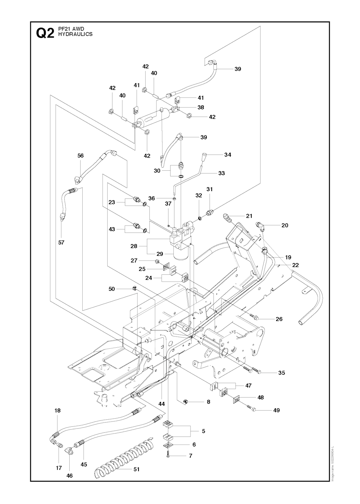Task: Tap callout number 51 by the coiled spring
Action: [136, 469]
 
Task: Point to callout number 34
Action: [228, 155]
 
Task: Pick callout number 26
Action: [279, 319]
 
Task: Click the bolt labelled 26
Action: [255, 318]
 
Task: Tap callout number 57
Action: [62, 242]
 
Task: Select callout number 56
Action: [81, 156]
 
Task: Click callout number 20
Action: [285, 225]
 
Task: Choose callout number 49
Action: [276, 410]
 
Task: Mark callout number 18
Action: [58, 410]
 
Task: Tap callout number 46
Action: [70, 476]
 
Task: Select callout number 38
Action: [201, 107]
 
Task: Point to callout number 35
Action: [282, 373]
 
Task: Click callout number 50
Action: [112, 289]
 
